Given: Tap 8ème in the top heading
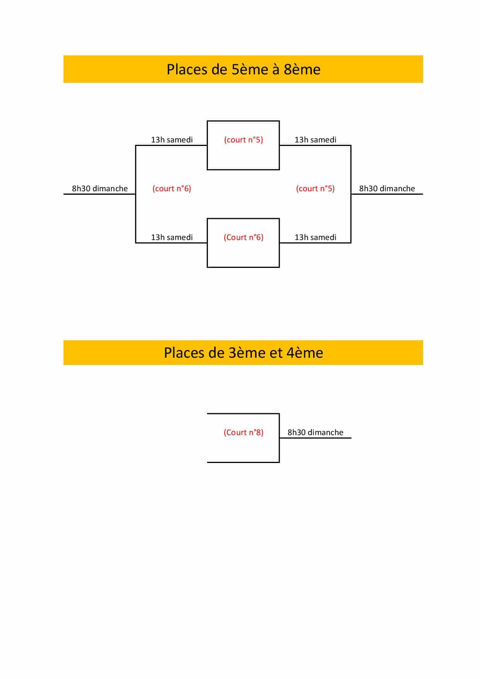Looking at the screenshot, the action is tap(302, 69).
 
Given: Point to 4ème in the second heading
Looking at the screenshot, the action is tap(305, 353).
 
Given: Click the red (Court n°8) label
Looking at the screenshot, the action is tap(243, 432).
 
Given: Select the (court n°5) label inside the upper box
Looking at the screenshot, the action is tap(243, 140).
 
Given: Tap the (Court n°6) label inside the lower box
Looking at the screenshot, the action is tap(243, 237).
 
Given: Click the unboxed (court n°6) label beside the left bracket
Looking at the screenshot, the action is tap(172, 189).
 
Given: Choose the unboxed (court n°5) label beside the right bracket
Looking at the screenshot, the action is tap(315, 189).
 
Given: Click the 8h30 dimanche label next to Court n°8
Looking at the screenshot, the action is tap(315, 432).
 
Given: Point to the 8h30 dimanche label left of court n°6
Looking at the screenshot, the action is tap(100, 189).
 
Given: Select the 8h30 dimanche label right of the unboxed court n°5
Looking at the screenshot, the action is tap(387, 189).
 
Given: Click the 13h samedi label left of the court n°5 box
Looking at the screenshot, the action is tap(172, 140).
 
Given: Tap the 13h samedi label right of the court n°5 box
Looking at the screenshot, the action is tap(315, 140).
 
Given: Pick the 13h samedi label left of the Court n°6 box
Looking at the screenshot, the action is tap(172, 237).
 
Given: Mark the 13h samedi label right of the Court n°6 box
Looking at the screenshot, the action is tap(315, 237).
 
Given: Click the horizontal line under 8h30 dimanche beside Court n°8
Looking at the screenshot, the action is tap(315, 438).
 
